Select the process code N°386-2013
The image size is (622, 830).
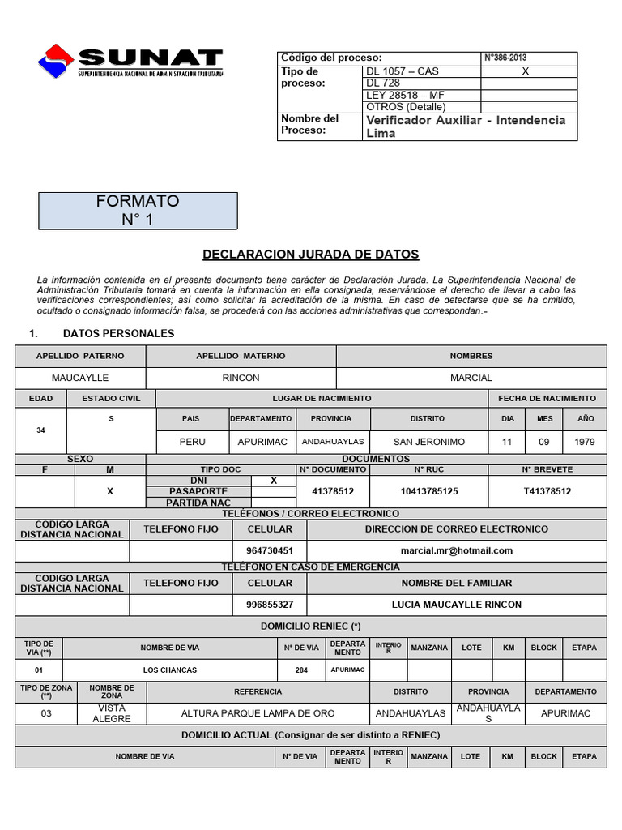click(505, 58)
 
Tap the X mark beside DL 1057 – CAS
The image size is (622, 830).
click(525, 71)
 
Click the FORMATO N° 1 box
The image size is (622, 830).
click(138, 210)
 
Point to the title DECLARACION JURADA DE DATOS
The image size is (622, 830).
click(310, 255)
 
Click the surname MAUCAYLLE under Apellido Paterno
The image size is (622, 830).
click(80, 378)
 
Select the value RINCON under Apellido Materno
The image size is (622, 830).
click(241, 378)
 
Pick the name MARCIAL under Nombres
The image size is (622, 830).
click(471, 378)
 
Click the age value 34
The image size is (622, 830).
click(41, 430)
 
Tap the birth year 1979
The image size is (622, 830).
click(584, 442)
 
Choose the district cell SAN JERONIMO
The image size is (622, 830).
click(428, 442)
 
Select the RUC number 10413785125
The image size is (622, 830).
click(428, 491)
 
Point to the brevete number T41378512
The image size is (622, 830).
click(547, 491)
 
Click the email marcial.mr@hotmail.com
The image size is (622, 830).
click(457, 550)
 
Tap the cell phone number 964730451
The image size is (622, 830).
click(270, 550)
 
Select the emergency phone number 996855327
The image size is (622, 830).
click(270, 605)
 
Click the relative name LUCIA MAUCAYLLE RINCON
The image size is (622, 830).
click(457, 605)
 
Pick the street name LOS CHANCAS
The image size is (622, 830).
click(170, 670)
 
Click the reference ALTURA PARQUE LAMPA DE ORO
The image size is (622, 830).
click(258, 713)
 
